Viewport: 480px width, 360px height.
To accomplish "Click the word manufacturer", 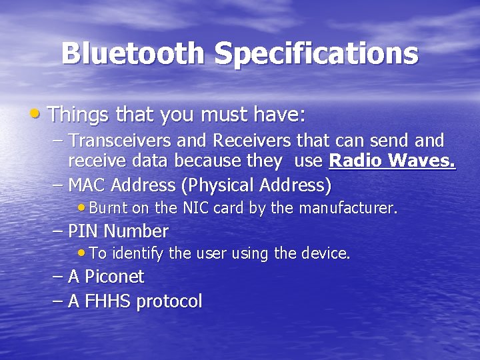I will coord(348,208).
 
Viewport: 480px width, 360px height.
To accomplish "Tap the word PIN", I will coord(84,231).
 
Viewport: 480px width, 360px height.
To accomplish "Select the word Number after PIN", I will coord(136,231).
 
